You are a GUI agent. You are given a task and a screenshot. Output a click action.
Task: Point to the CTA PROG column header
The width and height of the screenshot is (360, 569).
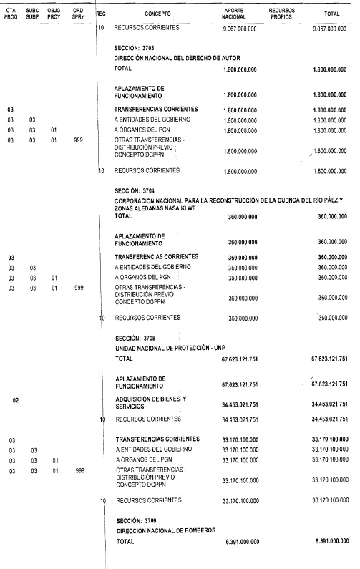point(10,13)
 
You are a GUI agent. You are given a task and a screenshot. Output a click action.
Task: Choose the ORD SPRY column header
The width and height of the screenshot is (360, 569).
point(78,13)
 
